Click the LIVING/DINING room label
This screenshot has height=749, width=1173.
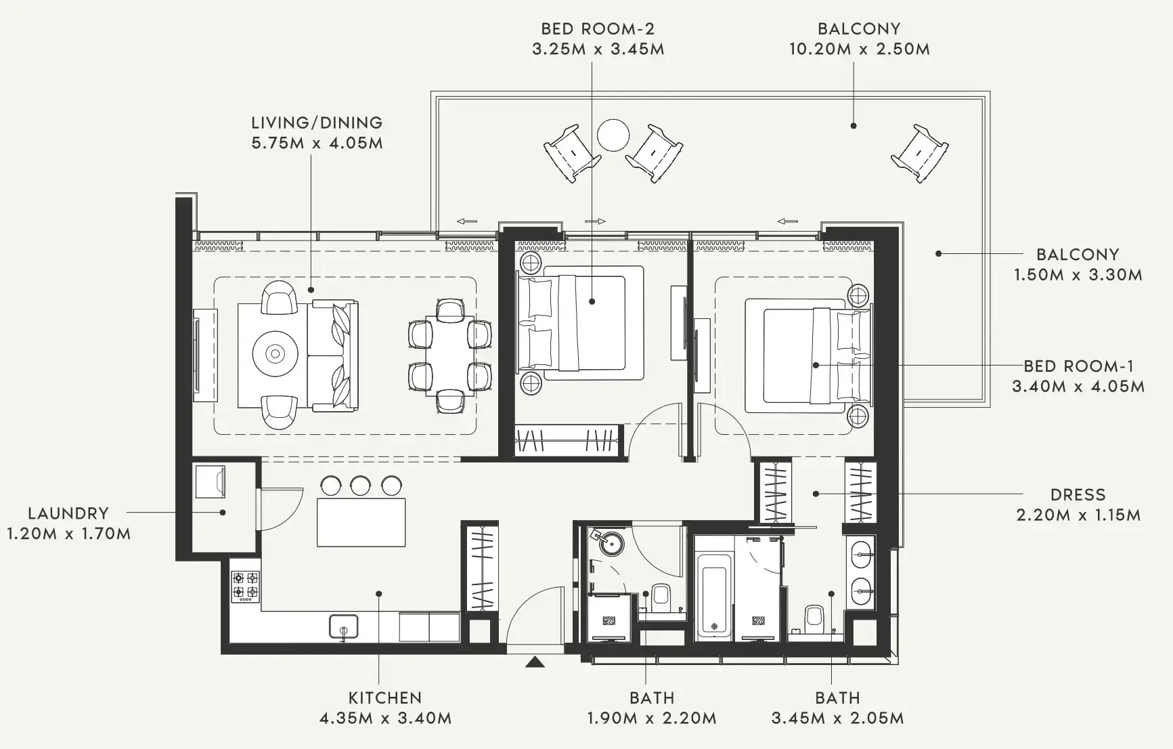317,123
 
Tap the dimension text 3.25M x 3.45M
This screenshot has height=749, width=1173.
598,49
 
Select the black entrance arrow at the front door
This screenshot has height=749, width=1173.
535,662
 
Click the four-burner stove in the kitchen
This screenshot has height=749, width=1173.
245,586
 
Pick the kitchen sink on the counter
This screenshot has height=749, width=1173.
344,626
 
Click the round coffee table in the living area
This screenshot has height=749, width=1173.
275,354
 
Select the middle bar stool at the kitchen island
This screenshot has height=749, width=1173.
361,485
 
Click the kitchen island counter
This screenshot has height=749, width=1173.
361,521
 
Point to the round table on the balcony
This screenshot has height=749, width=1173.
613,135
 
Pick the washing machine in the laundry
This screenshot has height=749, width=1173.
210,481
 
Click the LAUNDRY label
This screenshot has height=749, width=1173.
68,513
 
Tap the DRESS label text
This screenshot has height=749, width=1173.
1078,495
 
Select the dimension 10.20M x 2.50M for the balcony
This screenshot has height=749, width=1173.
859,49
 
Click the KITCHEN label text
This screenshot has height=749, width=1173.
384,698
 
